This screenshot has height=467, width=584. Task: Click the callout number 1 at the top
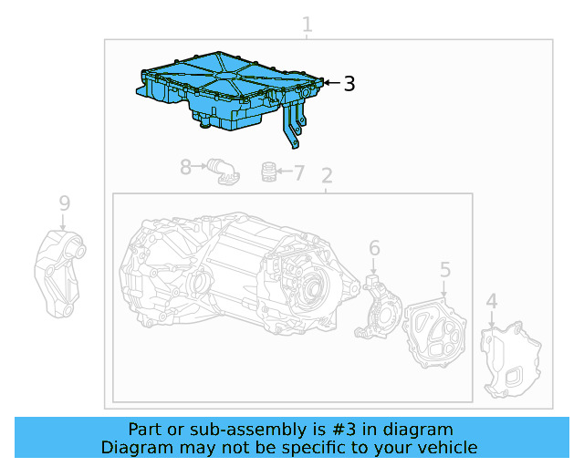(308, 26)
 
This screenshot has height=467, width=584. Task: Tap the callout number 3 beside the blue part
(349, 84)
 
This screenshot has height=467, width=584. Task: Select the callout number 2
(327, 176)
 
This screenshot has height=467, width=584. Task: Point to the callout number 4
(491, 302)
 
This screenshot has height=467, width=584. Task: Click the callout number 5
(445, 269)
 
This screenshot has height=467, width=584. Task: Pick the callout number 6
(374, 248)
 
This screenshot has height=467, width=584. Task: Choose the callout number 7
(299, 171)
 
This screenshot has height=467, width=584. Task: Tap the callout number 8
(186, 167)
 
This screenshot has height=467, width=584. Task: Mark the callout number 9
(64, 202)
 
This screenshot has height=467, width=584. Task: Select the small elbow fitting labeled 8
(222, 171)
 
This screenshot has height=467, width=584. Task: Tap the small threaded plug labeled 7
(268, 171)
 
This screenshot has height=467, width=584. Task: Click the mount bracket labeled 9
(59, 274)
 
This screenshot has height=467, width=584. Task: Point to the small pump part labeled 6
(381, 306)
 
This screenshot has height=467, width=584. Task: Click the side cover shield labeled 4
(511, 360)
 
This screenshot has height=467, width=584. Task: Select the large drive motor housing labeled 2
(228, 274)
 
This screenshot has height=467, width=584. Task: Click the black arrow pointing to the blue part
(331, 84)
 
